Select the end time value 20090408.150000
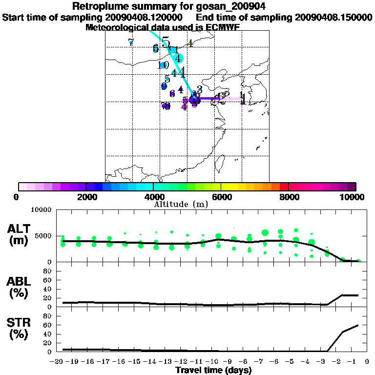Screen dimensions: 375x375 point(333,17)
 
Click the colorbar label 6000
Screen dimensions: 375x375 point(221,197)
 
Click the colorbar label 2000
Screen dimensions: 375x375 point(85,197)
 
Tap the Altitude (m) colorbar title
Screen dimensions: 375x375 point(181,204)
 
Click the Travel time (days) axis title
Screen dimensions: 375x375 point(213,371)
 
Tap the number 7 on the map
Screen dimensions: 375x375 point(130,42)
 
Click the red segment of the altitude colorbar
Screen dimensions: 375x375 point(283,187)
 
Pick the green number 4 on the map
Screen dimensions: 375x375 point(190,43)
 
